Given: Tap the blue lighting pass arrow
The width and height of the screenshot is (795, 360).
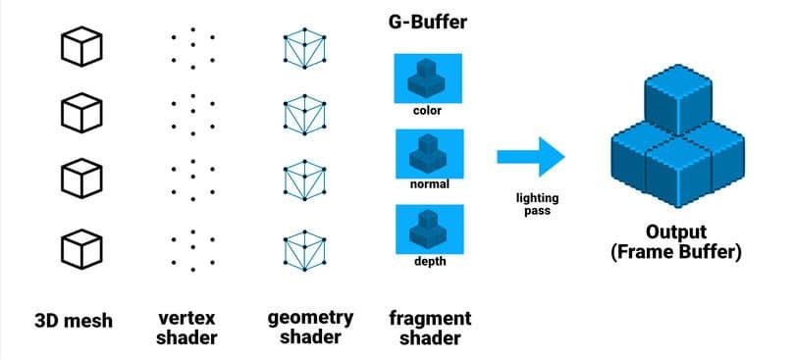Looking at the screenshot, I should pos(531,157).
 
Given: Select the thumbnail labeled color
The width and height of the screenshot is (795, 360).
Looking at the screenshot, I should pos(428,77).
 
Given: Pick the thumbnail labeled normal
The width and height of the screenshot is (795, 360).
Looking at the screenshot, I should pos(428,151).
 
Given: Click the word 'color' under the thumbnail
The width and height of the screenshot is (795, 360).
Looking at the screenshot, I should pos(428,110).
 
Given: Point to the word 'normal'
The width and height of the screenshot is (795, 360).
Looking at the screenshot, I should pos(428,183).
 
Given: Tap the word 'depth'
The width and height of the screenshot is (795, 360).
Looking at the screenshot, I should pos(428,261).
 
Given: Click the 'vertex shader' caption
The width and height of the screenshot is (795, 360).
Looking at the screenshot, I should pos(187,328).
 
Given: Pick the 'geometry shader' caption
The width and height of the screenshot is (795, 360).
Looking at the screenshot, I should pos(310,328).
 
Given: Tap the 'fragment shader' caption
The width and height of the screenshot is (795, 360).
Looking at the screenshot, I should pos(429,328).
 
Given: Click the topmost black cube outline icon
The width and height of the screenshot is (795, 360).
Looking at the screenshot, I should pos(82,47).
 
